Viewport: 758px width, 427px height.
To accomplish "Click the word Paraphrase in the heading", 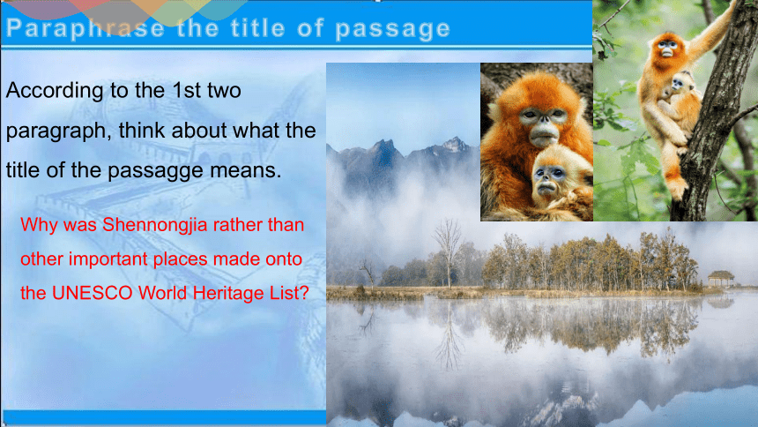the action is pos(85,28).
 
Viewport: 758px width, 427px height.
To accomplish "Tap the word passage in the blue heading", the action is pos(392,29).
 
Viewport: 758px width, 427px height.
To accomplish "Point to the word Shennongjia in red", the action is pos(155,226).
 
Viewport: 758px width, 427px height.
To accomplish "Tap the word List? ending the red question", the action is pos(289,294).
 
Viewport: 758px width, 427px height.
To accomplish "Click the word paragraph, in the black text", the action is pos(58,131).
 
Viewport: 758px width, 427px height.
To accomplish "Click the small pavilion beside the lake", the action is pos(721,280).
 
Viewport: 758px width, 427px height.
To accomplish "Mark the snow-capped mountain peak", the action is pos(453,145).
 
